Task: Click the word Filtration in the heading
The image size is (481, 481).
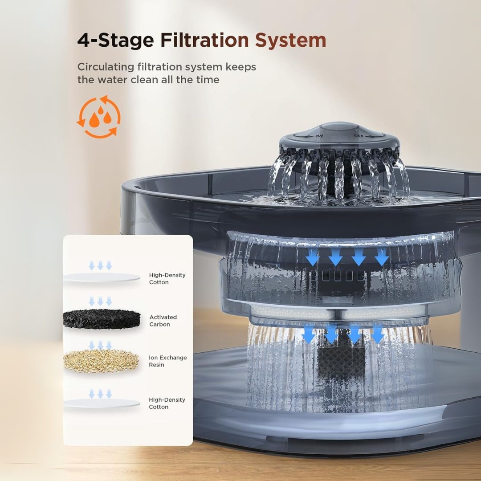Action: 204,40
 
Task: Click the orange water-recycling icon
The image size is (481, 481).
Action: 98,116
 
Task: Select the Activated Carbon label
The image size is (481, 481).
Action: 163,321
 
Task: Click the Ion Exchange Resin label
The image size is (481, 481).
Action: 167,361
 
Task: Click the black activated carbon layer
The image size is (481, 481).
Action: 102,319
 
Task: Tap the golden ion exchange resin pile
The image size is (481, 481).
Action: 101,361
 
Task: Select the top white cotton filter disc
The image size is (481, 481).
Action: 102,277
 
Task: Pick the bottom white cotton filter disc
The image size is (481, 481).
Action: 102,403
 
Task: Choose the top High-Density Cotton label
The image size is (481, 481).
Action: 167,278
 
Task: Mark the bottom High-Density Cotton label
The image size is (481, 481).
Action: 167,403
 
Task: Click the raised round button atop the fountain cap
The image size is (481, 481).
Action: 339,127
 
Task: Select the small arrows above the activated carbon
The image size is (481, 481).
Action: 100,301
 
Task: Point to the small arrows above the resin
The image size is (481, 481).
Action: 100,344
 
